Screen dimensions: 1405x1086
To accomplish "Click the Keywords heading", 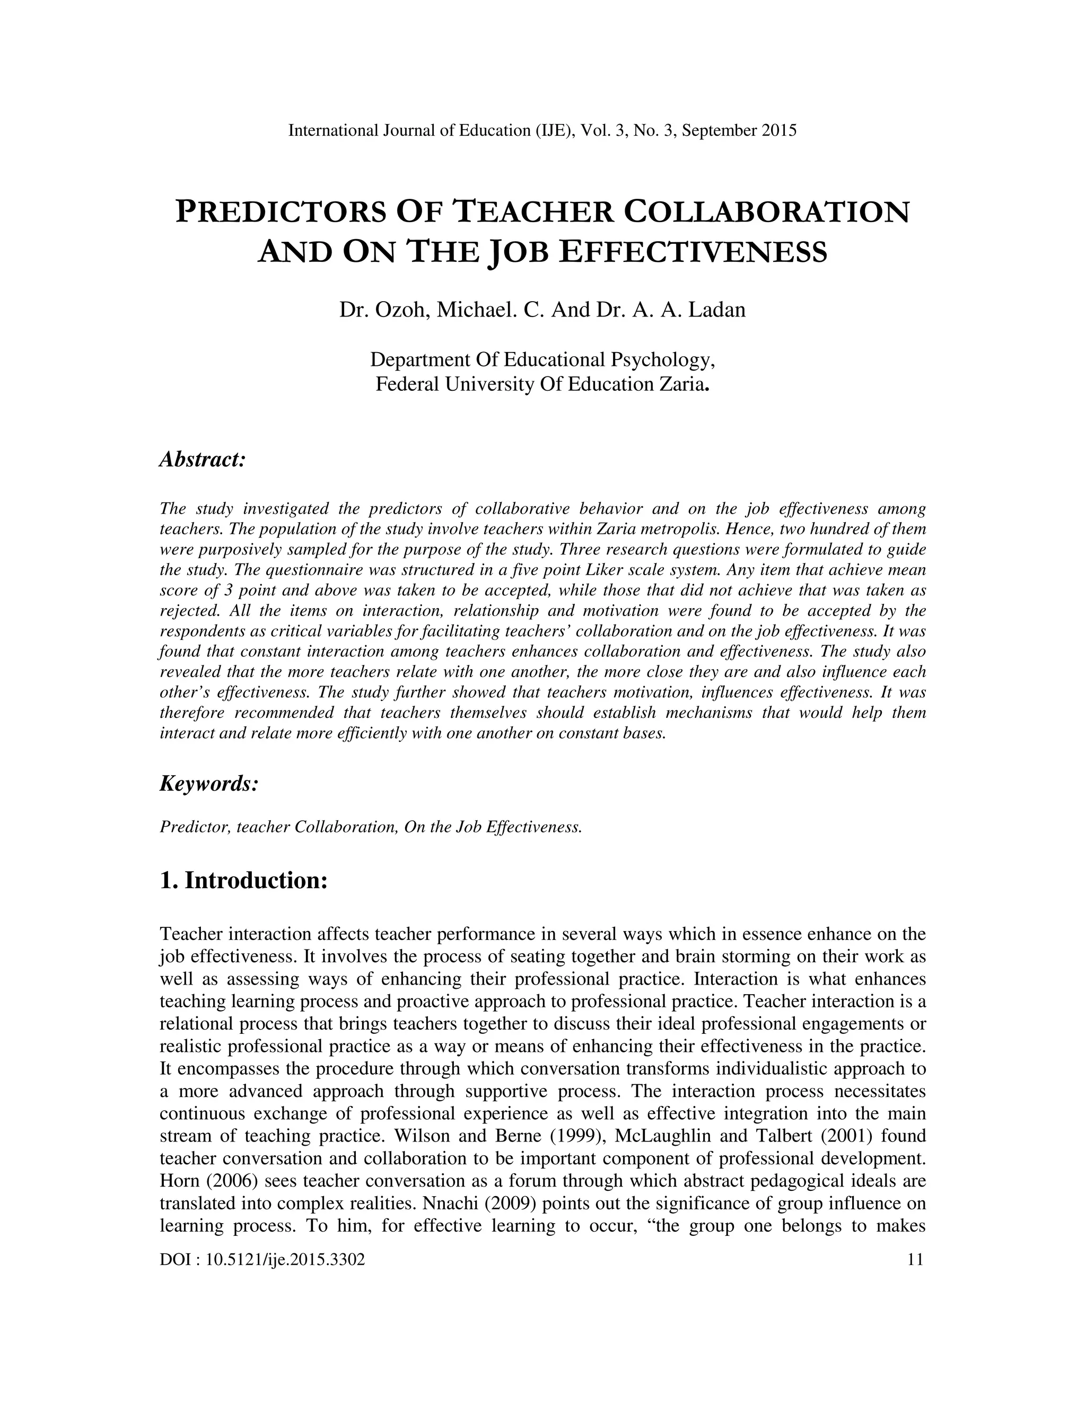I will (208, 784).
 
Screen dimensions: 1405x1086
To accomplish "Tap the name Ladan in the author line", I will (717, 310).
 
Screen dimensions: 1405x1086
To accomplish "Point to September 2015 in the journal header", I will (739, 130).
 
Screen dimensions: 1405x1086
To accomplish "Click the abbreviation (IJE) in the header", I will (553, 130).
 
